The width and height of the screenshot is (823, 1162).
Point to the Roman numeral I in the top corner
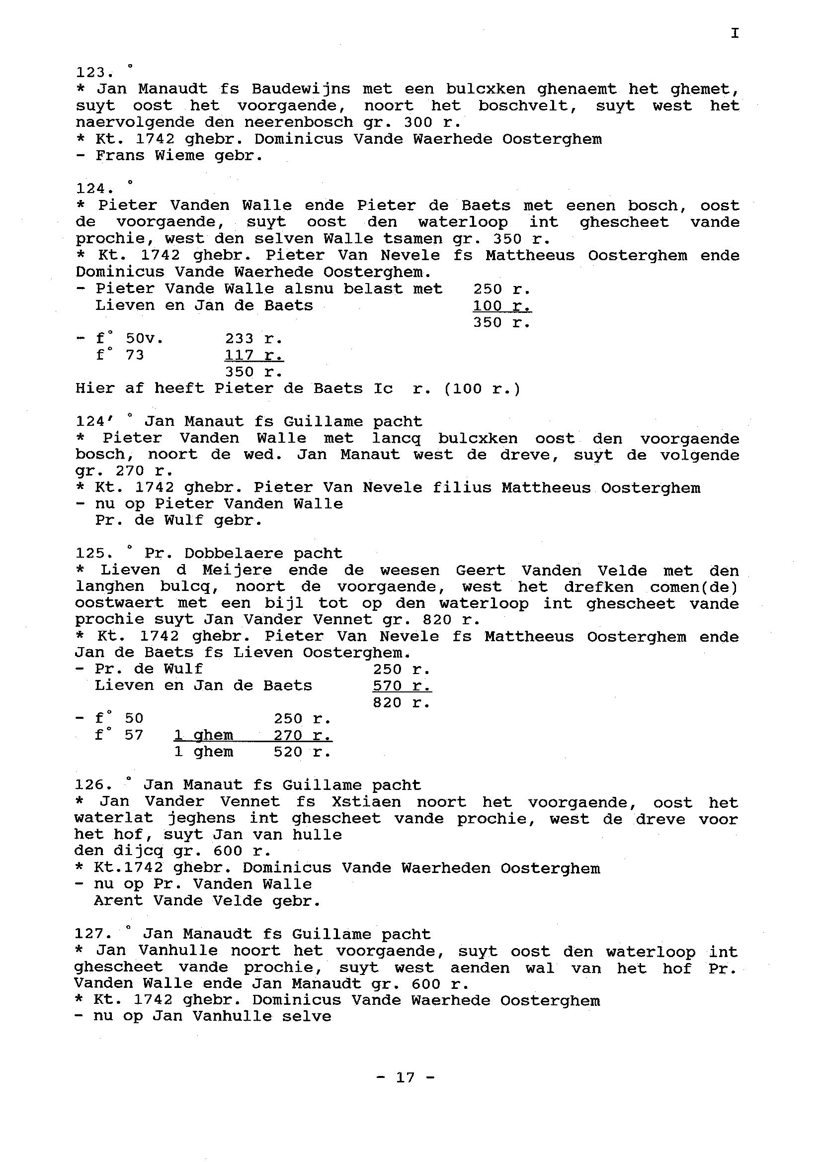735,33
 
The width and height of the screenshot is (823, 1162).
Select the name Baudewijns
301,89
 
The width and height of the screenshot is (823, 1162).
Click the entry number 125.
92,553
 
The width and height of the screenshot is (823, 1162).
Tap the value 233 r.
253,339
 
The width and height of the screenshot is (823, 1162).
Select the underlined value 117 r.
253,356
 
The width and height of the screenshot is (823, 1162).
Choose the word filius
461,488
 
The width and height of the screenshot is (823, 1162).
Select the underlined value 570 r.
402,686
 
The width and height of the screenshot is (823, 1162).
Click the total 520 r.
302,752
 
